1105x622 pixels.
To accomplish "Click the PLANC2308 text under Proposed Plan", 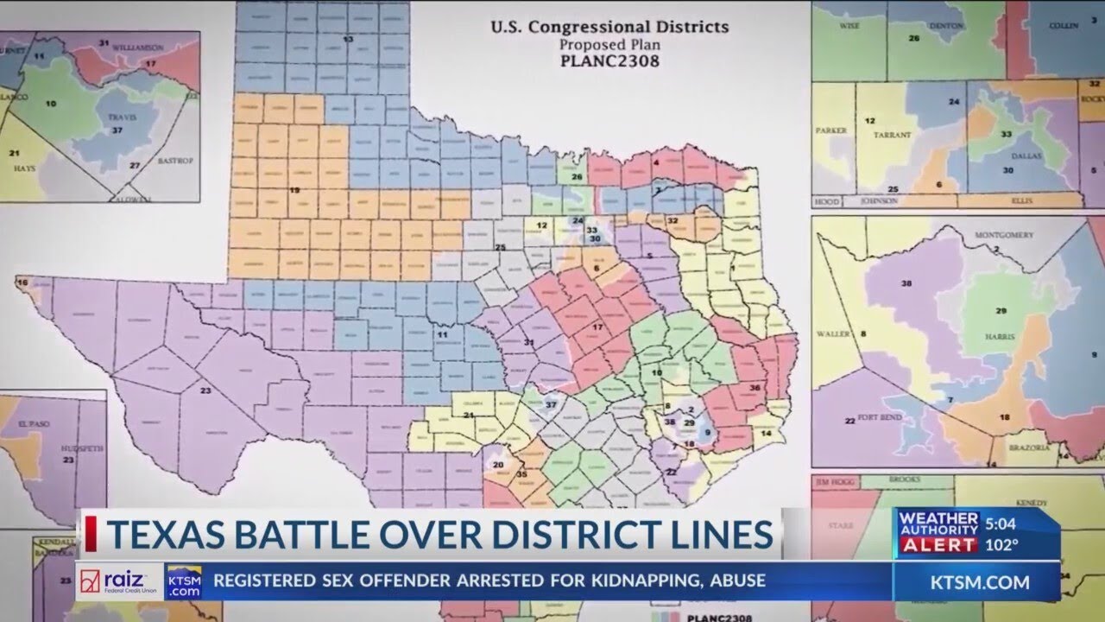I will [x=609, y=62].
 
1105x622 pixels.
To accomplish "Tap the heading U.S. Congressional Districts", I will [x=609, y=27].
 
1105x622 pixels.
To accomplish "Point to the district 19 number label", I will [x=294, y=190].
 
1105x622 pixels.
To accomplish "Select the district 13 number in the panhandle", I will [x=349, y=40].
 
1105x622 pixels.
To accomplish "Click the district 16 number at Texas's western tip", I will [x=22, y=282].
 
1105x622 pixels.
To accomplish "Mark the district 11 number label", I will [x=443, y=333].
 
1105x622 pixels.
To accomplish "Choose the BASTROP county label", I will [x=174, y=161].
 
